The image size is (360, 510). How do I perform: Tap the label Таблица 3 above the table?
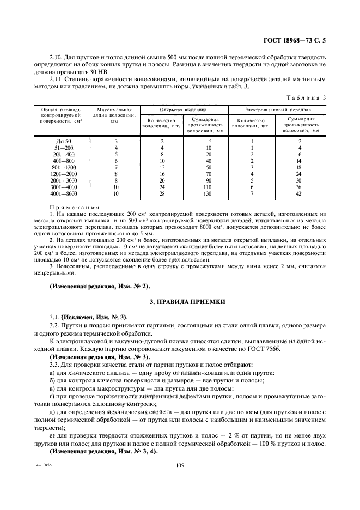click(308, 98)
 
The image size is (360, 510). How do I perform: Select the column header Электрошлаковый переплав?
click(276, 110)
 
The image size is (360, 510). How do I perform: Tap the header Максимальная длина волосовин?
click(115, 116)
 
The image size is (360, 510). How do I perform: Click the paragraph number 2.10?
click(56, 57)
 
